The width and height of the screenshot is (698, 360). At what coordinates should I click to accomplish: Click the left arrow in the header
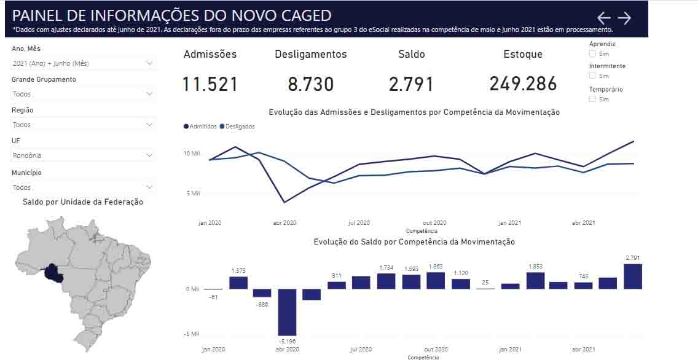tap(604, 18)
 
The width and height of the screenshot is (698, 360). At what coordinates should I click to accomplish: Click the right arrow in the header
tap(624, 18)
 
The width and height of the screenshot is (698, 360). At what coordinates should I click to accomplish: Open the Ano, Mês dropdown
tap(83, 63)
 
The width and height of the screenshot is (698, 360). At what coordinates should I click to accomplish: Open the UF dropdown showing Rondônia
tap(83, 155)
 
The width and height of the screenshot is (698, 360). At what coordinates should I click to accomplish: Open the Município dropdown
tap(83, 187)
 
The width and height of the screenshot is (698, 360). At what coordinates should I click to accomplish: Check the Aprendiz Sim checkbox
tap(592, 54)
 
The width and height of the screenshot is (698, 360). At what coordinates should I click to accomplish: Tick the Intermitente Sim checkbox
tap(592, 76)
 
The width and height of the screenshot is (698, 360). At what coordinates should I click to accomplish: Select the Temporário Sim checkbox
tap(592, 99)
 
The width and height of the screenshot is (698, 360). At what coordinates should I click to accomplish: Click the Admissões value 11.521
tap(210, 84)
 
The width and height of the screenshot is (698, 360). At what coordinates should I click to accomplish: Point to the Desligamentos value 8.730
tap(311, 84)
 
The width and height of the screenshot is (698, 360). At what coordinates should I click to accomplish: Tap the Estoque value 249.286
tap(523, 84)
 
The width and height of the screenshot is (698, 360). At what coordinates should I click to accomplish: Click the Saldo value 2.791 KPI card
tap(411, 84)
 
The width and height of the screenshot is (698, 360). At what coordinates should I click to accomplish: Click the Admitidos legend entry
tap(200, 127)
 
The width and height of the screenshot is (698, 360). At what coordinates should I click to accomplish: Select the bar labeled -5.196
tap(287, 312)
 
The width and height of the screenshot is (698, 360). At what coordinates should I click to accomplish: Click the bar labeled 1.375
tap(238, 283)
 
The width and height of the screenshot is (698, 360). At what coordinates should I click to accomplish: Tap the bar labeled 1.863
tap(436, 281)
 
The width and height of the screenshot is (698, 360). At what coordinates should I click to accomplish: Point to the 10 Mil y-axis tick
tap(192, 153)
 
